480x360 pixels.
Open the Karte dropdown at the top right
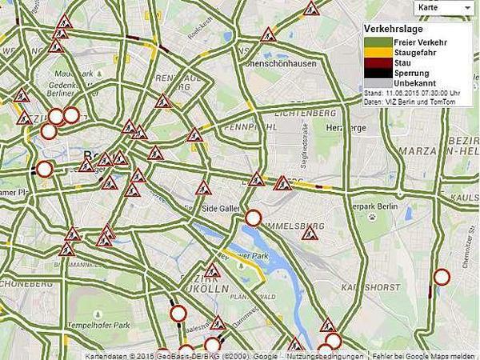click(x=445, y=7)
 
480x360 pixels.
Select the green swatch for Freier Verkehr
click(x=378, y=42)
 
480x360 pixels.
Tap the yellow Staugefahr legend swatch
click(x=378, y=52)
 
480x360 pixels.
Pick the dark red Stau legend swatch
click(x=378, y=62)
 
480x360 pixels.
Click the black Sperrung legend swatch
click(x=378, y=73)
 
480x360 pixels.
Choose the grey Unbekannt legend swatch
click(x=378, y=83)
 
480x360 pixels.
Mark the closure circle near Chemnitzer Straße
click(x=441, y=278)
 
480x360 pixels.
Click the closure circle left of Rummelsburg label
click(x=254, y=218)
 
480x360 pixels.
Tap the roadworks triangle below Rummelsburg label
click(x=310, y=234)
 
